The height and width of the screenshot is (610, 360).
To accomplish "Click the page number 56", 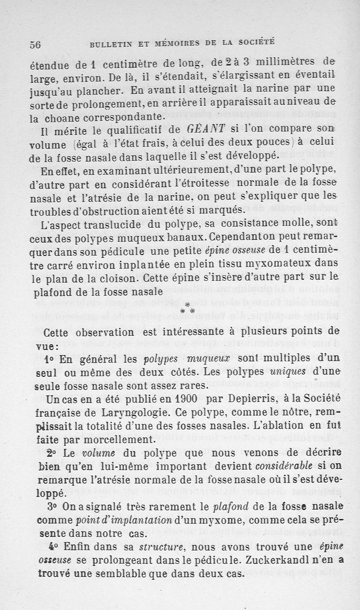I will coord(36,45).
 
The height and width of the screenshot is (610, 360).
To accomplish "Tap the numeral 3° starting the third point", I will coord(52,507).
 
